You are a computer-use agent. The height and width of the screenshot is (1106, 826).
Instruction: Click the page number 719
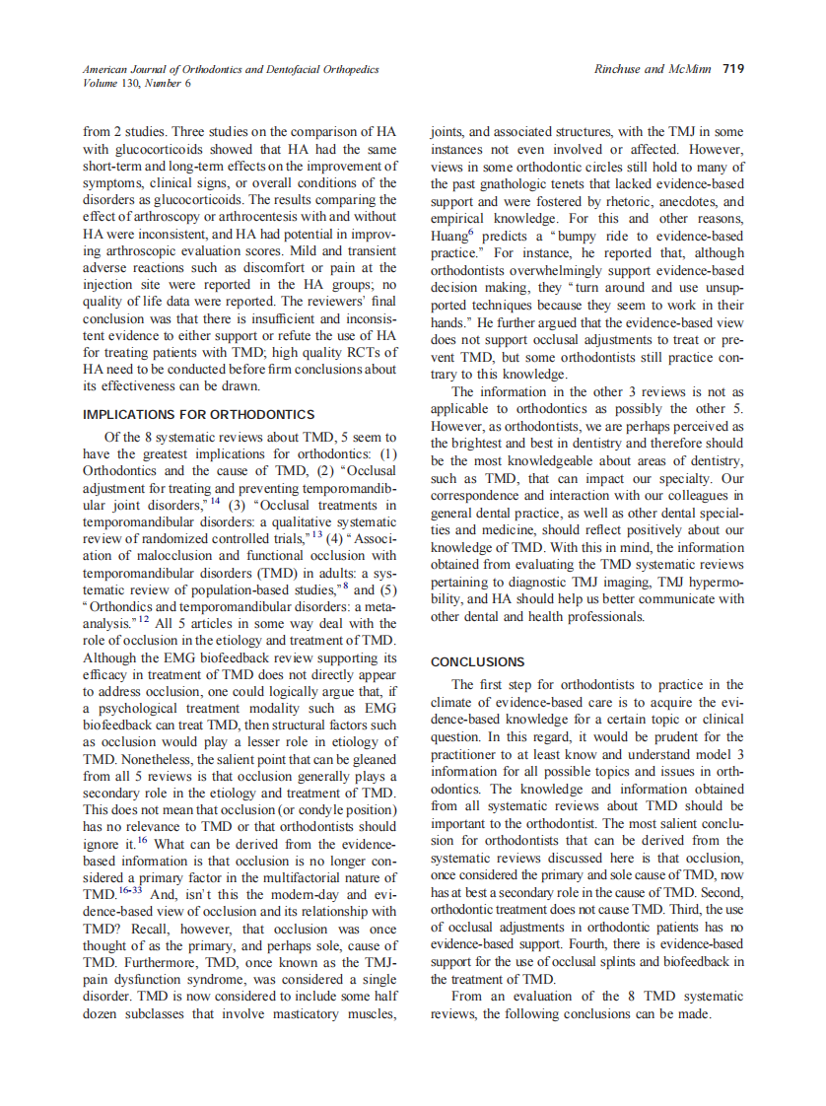coord(733,69)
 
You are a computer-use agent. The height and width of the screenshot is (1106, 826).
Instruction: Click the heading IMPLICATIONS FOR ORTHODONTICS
coord(199,414)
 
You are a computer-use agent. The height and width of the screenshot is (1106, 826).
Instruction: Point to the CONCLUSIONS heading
coord(478,661)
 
